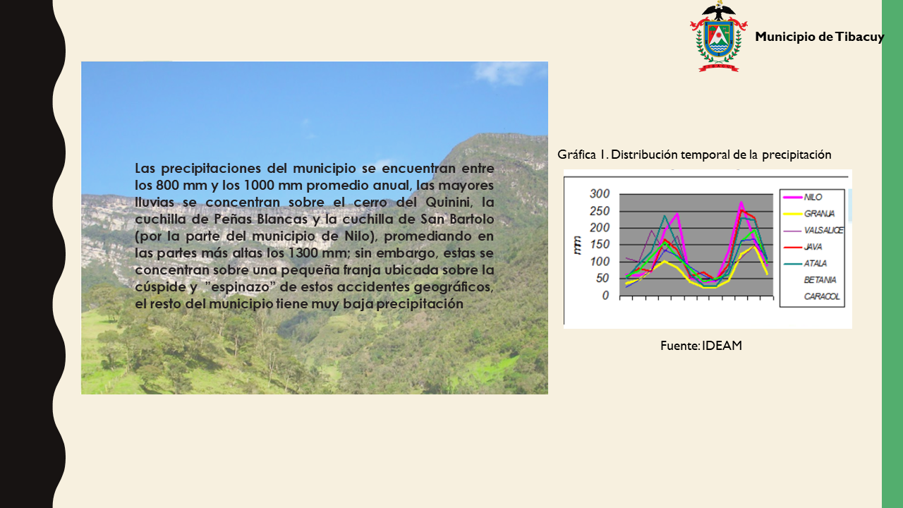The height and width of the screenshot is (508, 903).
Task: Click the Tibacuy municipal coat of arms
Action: click(718, 37)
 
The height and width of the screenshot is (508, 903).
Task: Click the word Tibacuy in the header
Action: click(859, 37)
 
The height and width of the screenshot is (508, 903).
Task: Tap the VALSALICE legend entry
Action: click(813, 230)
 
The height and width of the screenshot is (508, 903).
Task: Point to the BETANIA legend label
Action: click(820, 280)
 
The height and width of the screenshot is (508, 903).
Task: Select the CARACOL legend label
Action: click(822, 296)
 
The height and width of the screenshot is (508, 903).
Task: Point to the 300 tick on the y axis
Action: click(600, 193)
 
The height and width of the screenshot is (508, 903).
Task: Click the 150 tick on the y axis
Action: click(600, 244)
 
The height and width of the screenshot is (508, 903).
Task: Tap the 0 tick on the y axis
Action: click(605, 296)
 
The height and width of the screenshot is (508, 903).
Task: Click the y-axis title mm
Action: click(578, 245)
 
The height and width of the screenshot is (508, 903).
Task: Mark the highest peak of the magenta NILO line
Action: click(741, 202)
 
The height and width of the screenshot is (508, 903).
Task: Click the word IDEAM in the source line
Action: click(722, 346)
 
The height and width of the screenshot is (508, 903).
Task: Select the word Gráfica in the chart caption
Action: click(576, 155)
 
